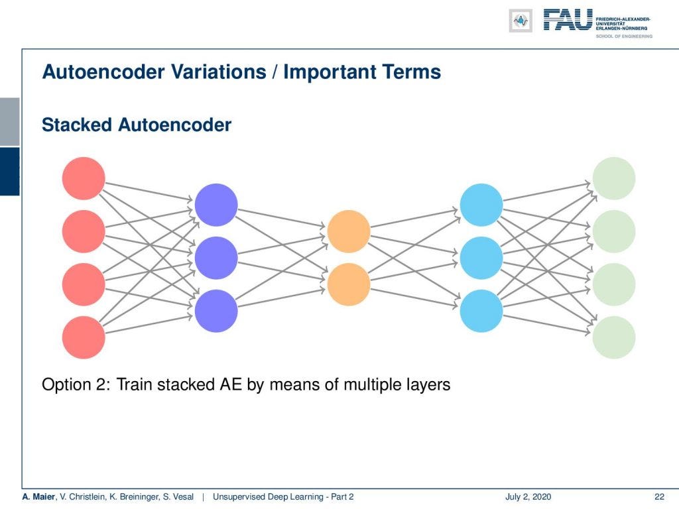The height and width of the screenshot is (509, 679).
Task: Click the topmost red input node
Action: (x=84, y=178)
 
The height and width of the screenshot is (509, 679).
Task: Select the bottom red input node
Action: (x=84, y=337)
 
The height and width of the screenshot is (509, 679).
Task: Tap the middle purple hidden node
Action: (x=216, y=258)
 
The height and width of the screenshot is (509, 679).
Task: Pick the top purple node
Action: (x=216, y=205)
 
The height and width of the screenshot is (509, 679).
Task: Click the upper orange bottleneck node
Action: (x=349, y=231)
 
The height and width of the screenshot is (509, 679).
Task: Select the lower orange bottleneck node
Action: (x=349, y=284)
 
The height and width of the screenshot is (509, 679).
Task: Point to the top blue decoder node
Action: (x=481, y=205)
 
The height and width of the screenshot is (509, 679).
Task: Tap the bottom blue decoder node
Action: (x=481, y=311)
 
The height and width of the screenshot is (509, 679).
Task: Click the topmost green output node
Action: (x=614, y=178)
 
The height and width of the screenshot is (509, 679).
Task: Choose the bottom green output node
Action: (x=614, y=337)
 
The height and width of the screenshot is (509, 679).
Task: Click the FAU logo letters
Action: (x=568, y=20)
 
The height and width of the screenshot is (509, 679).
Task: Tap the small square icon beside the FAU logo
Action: (x=521, y=21)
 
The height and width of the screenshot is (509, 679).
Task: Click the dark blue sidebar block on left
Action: (x=9, y=171)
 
